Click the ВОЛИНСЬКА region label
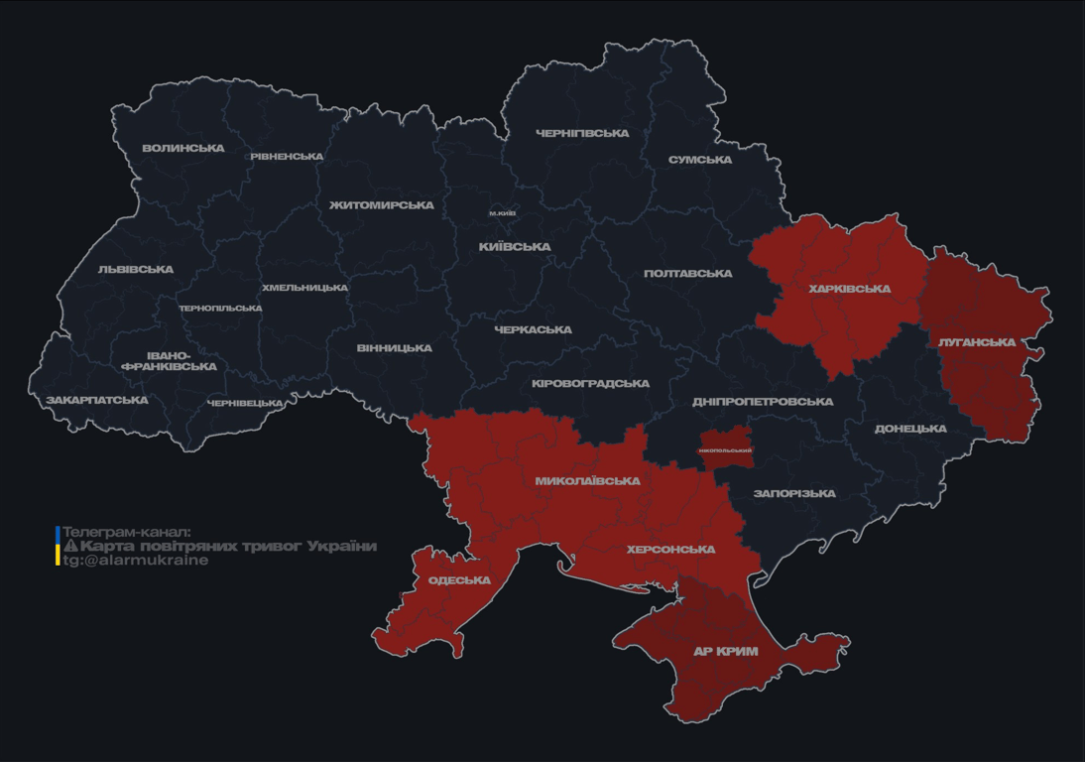183,149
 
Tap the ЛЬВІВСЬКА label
136,270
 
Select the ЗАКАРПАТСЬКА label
97,401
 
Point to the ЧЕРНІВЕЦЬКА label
245,404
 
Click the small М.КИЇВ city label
502,213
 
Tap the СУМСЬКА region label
700,160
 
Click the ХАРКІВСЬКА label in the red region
849,290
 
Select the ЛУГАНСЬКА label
977,342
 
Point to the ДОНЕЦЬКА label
910,430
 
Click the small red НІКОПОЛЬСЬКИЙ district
725,448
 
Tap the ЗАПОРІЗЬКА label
794,494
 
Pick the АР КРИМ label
725,652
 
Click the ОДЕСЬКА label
459,581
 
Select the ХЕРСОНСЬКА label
670,550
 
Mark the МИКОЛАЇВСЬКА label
587,481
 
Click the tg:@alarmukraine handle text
136,561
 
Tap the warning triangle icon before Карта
70,547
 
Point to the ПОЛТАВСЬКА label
687,274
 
